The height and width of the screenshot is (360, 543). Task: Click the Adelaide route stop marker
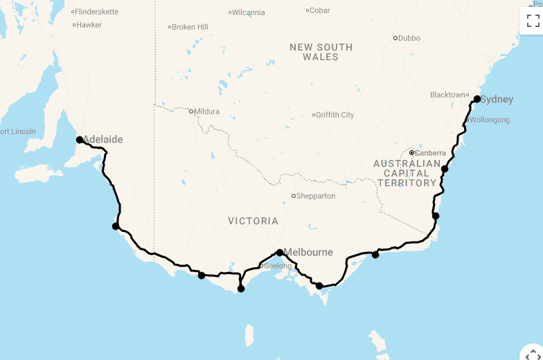80,139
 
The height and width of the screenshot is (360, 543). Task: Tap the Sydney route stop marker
477,99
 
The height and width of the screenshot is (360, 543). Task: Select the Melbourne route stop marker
279,253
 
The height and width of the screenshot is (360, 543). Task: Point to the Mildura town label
206,111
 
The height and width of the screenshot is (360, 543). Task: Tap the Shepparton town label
315,196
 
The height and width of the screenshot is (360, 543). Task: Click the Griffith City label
335,115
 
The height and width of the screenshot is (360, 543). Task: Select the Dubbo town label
409,38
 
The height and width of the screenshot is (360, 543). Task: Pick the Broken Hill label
190,27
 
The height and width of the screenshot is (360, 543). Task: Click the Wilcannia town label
248,12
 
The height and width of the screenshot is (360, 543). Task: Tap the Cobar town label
320,10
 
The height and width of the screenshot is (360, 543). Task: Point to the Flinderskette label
97,12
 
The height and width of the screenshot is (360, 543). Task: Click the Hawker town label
89,25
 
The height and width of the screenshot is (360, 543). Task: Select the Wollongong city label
490,120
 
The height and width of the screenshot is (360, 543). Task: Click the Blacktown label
447,95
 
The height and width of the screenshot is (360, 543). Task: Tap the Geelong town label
278,266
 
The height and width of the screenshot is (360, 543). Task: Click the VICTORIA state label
253,222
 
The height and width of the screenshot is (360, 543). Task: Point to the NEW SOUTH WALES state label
321,52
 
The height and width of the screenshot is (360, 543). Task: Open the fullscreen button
533,20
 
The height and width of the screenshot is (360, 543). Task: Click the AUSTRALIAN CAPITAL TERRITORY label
407,173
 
